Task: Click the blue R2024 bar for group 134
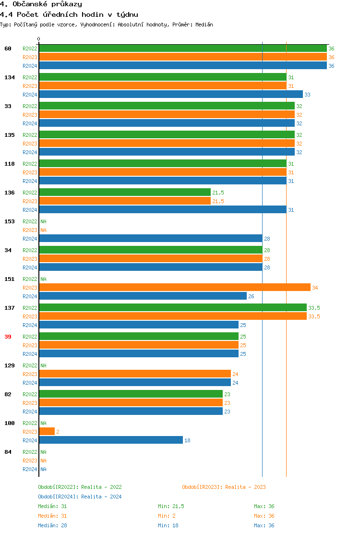click(x=171, y=95)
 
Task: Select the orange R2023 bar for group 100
click(x=47, y=432)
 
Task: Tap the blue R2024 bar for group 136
click(x=163, y=210)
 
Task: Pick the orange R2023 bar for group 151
click(x=175, y=288)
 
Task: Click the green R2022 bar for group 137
click(x=173, y=308)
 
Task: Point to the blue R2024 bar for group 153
click(x=151, y=239)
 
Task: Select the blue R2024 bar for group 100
click(x=111, y=440)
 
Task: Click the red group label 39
click(x=8, y=337)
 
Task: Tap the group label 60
click(x=8, y=49)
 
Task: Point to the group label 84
click(x=8, y=452)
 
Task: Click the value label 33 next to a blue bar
click(x=308, y=95)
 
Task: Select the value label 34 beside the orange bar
click(x=315, y=288)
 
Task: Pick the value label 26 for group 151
click(x=251, y=296)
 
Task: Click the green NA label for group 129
click(x=43, y=365)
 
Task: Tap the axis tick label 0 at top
click(x=39, y=39)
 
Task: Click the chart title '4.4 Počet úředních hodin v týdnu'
click(x=69, y=14)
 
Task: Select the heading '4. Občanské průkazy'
click(x=41, y=4)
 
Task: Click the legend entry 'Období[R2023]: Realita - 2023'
click(x=224, y=487)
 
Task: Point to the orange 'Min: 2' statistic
click(x=168, y=516)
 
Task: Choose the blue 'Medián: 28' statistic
click(x=52, y=525)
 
